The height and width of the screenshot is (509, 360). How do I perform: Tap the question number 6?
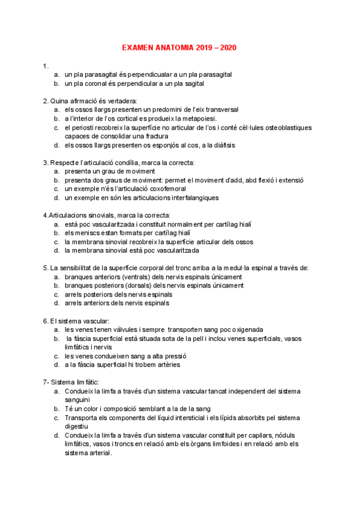[46, 321]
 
